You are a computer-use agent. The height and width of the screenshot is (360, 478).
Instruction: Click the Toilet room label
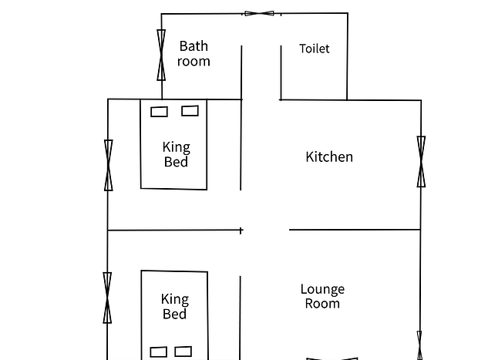point(315,49)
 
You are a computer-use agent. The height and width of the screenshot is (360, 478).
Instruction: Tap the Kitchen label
point(329,156)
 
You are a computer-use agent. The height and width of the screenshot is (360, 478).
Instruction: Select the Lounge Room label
point(322,296)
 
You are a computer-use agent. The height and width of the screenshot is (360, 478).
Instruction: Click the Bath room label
point(194,54)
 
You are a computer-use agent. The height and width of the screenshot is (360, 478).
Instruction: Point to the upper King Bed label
point(177,154)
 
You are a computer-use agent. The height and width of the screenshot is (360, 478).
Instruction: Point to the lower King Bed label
point(175,306)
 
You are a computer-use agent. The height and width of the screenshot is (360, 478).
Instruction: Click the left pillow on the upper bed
point(159,112)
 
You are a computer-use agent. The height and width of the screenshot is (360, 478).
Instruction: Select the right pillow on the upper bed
point(190,111)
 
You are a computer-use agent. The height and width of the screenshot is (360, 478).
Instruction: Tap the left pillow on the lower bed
point(159,352)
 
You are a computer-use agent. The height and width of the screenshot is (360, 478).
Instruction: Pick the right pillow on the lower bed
point(183,352)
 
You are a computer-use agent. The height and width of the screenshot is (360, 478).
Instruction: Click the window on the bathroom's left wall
point(161,56)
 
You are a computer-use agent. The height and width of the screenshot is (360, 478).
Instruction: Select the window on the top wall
point(259,13)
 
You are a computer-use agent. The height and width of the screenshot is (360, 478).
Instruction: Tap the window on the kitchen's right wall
point(421,162)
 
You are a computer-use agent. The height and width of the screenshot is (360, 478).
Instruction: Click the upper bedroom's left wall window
point(109,166)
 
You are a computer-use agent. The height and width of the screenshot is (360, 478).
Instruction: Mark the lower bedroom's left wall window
point(107,298)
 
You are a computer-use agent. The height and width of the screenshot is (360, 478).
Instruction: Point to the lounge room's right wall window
point(419,345)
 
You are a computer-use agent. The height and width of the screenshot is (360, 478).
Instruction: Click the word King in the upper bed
point(177,147)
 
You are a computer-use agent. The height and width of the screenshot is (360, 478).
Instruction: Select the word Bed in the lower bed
point(175,314)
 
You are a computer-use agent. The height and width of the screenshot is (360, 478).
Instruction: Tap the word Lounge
point(322,290)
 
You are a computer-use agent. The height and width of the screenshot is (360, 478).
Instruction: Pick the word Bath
point(194,46)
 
